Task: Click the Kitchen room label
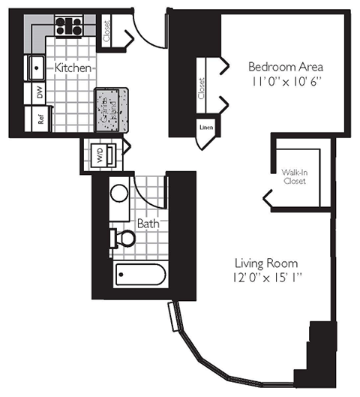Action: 73,68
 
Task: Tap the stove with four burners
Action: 68,27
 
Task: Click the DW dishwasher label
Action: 39,93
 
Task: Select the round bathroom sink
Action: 119,193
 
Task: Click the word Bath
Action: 146,223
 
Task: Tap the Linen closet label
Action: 205,127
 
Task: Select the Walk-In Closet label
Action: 293,177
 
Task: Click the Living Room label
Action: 266,263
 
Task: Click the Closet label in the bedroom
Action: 202,89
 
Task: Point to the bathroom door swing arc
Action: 152,191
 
